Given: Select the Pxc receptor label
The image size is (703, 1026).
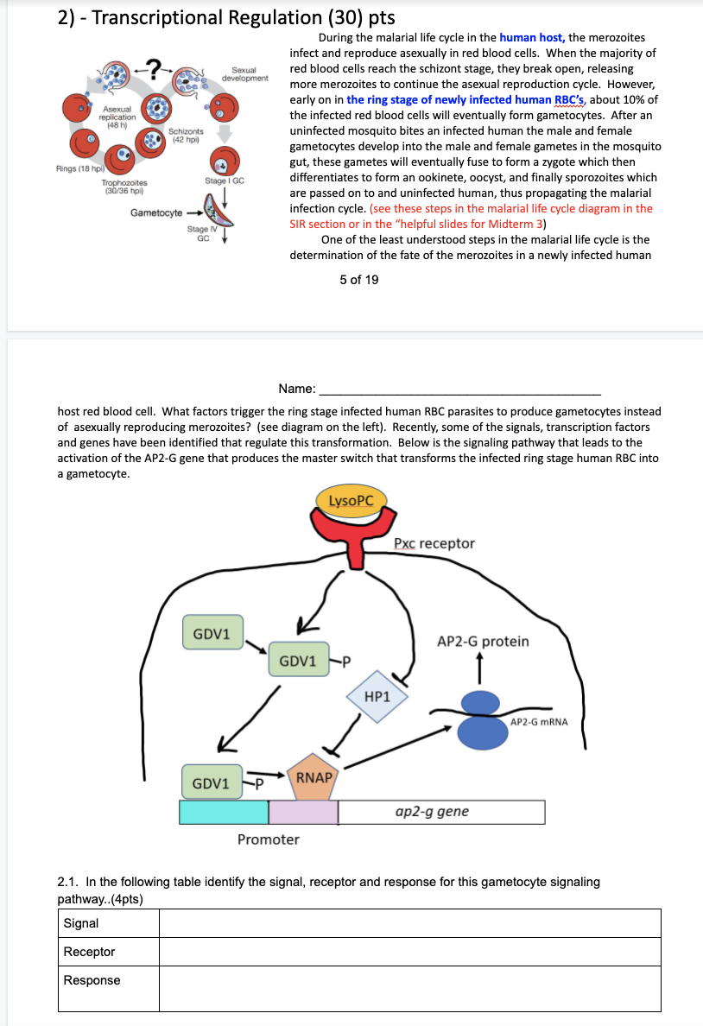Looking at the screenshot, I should (434, 543).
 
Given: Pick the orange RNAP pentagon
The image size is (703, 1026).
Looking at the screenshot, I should (313, 776).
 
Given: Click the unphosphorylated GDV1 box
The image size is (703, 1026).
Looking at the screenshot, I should (212, 633).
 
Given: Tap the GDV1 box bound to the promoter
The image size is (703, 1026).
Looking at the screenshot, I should (212, 783).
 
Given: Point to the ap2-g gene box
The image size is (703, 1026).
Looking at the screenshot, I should (441, 812).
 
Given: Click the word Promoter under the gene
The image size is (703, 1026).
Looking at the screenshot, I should (269, 839).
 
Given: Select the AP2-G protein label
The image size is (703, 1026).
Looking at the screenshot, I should (483, 642).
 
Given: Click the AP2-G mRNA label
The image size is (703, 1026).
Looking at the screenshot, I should (539, 722).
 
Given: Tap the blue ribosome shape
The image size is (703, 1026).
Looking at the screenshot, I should (483, 719).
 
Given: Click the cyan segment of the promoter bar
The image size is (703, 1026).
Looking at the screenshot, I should (224, 812).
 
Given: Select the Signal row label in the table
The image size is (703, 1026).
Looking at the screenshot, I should (81, 923).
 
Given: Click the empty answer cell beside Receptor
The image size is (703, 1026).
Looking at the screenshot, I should (410, 952).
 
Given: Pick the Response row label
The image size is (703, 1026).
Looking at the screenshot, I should (92, 980).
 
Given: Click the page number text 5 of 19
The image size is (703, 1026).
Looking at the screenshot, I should (358, 280).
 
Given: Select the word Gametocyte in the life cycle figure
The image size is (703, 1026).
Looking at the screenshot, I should (156, 212).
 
